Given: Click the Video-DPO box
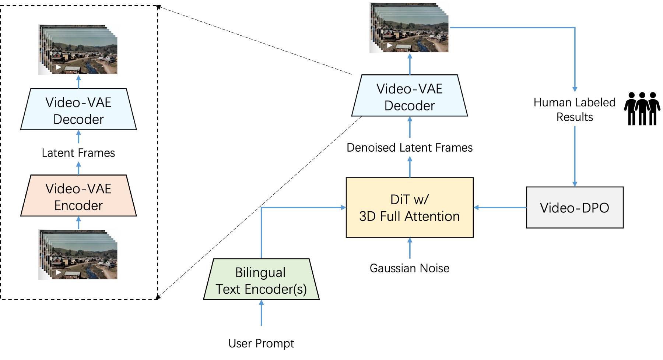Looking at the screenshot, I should coord(574,208).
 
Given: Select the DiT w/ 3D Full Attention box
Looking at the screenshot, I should coord(409,208).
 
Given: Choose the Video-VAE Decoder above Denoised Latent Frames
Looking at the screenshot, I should coord(409,96).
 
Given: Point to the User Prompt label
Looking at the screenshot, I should coord(261,343).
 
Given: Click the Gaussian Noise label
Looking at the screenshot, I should coord(409,268).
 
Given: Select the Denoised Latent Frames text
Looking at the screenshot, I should coord(409,148).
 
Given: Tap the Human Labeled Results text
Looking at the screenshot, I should coord(574,109).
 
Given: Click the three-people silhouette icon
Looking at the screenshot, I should coord(642,109).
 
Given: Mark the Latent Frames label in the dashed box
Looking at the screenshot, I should coord(78,153).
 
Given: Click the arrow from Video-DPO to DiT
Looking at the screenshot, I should coord(500,208).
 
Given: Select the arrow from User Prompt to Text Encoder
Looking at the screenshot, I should coord(261,313).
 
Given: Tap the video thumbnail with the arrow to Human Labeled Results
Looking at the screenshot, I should coord(409,28).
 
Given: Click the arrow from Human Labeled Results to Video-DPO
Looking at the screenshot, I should coord(575,156).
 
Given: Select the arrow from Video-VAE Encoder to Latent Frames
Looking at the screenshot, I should coord(78,169).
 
